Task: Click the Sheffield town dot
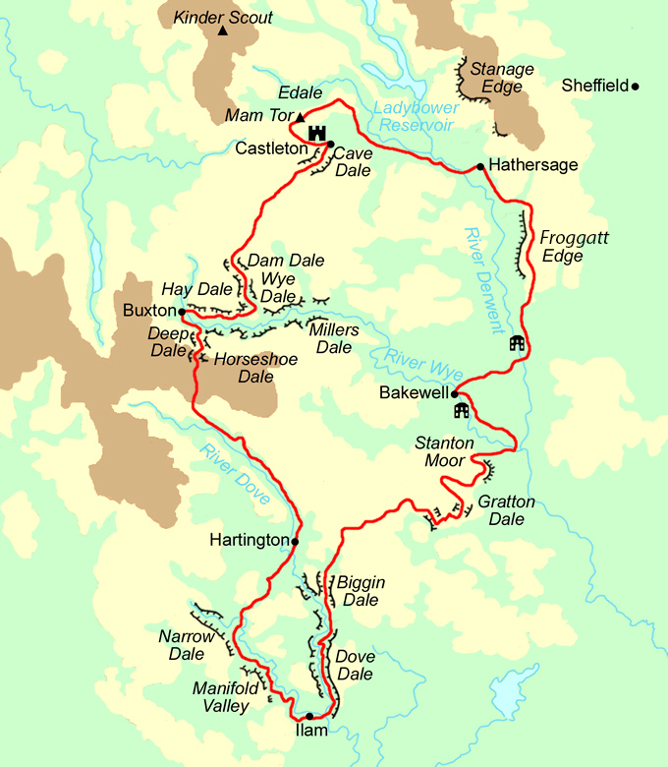pyautogui.click(x=636, y=87)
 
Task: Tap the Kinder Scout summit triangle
pyautogui.click(x=223, y=32)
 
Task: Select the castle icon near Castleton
pyautogui.click(x=316, y=133)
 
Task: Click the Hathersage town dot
pyautogui.click(x=479, y=166)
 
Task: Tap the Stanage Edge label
pyautogui.click(x=502, y=78)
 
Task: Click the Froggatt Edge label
pyautogui.click(x=562, y=246)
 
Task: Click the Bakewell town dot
pyautogui.click(x=454, y=393)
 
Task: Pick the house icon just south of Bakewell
pyautogui.click(x=462, y=410)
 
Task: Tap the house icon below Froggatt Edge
pyautogui.click(x=517, y=343)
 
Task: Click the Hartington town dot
pyautogui.click(x=294, y=540)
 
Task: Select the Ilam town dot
pyautogui.click(x=309, y=716)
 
